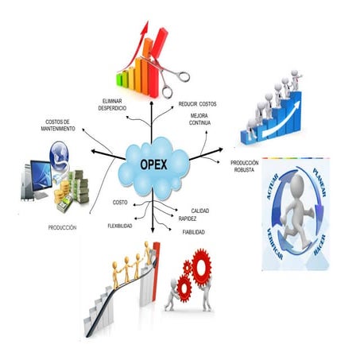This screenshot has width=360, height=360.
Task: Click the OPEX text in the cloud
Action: pyautogui.click(x=153, y=165)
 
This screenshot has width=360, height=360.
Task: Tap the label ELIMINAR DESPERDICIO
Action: pyautogui.click(x=112, y=105)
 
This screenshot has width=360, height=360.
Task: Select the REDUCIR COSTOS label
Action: pyautogui.click(x=197, y=104)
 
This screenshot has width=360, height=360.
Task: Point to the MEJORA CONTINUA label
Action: pyautogui.click(x=199, y=119)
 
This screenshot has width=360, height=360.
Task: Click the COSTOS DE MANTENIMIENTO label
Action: pyautogui.click(x=58, y=126)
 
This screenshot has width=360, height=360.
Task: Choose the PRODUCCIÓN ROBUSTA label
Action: pyautogui.click(x=244, y=166)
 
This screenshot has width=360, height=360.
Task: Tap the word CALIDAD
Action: pyautogui.click(x=200, y=211)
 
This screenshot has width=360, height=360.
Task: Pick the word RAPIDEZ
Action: pyautogui.click(x=188, y=219)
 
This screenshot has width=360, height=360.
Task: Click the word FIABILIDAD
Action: pyautogui.click(x=194, y=232)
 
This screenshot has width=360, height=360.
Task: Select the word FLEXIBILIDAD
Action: pyautogui.click(x=120, y=226)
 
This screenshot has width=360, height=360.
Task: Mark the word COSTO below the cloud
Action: pyautogui.click(x=120, y=203)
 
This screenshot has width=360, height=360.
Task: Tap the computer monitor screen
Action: pyautogui.click(x=41, y=175)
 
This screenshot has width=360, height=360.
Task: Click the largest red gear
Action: pyautogui.click(x=202, y=268)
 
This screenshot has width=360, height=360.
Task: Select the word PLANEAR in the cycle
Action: pyautogui.click(x=319, y=183)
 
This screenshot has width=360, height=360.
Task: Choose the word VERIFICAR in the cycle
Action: pyautogui.click(x=275, y=243)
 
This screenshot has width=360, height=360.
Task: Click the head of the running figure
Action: pyautogui.click(x=297, y=184)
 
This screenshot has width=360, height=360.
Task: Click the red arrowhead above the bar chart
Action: pyautogui.click(x=145, y=28)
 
